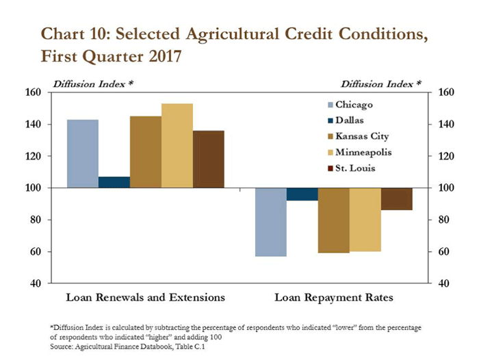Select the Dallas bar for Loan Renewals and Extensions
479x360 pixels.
tap(114, 182)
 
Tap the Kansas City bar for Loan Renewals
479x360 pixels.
tap(145, 151)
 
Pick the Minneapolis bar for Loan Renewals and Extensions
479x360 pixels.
tap(177, 145)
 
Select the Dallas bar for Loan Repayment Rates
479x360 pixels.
tap(302, 194)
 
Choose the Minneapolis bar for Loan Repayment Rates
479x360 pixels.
tap(365, 220)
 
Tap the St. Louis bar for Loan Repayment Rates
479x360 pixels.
tap(397, 198)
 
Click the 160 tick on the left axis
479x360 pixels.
tap(34, 92)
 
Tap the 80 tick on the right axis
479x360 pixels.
tap(443, 220)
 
